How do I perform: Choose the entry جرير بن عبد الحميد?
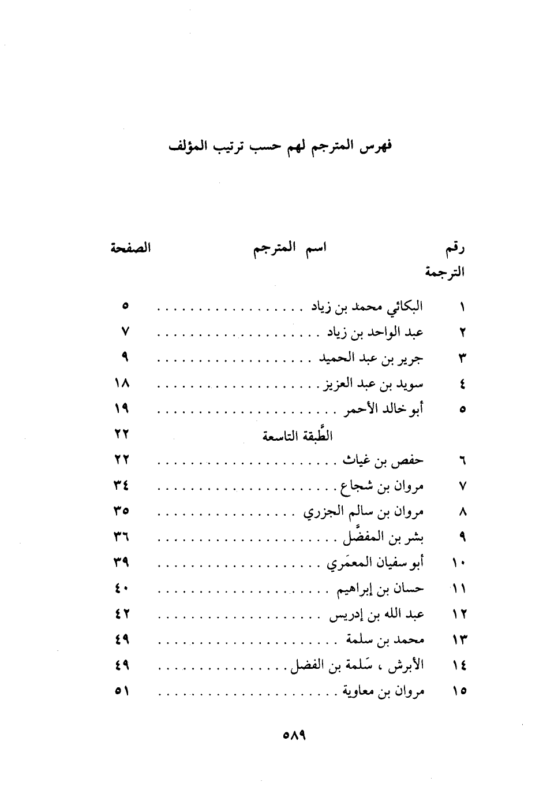tap(371, 358)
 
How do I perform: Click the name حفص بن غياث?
tap(383, 460)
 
